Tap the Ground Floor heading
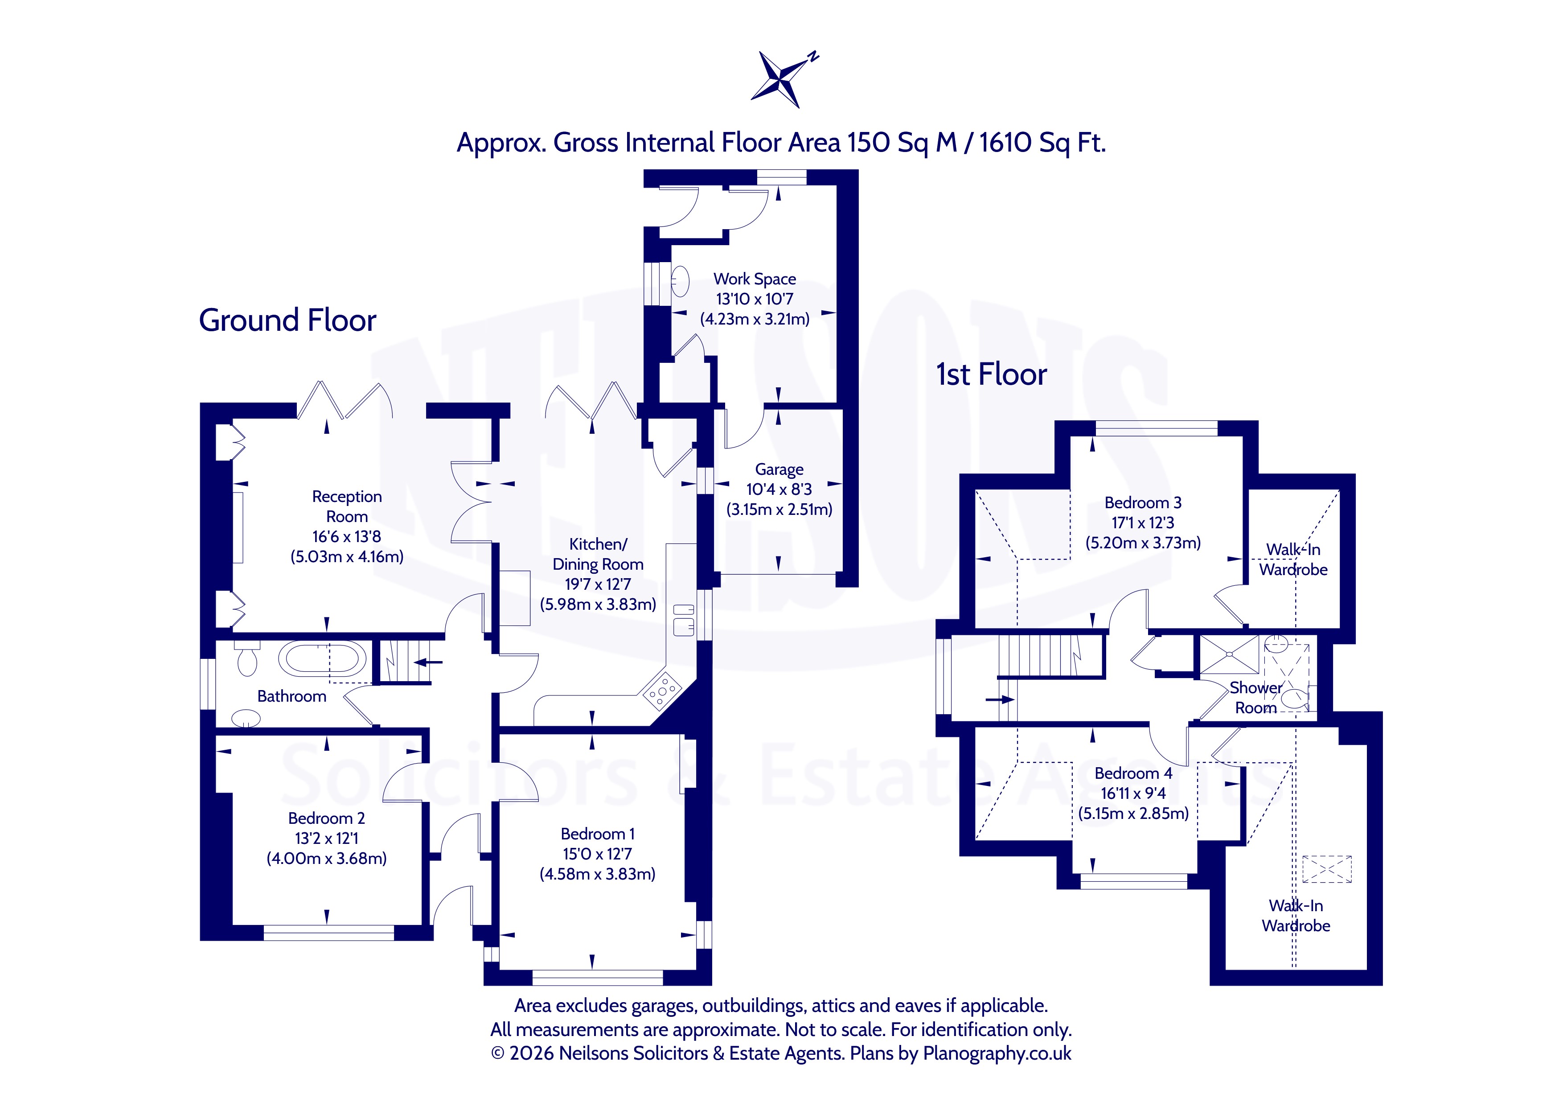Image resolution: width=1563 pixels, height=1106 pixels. pos(287,320)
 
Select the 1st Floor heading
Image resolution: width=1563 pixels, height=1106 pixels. pos(991,374)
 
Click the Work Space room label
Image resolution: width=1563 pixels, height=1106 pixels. pos(754,279)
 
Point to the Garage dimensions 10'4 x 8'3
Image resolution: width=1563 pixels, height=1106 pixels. pos(779,489)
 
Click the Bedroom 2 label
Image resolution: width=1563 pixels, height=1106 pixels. pos(326,818)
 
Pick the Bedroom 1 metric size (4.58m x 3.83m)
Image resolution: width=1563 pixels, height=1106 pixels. pos(597,874)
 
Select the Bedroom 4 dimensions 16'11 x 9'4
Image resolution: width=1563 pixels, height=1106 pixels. pos(1133,794)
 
